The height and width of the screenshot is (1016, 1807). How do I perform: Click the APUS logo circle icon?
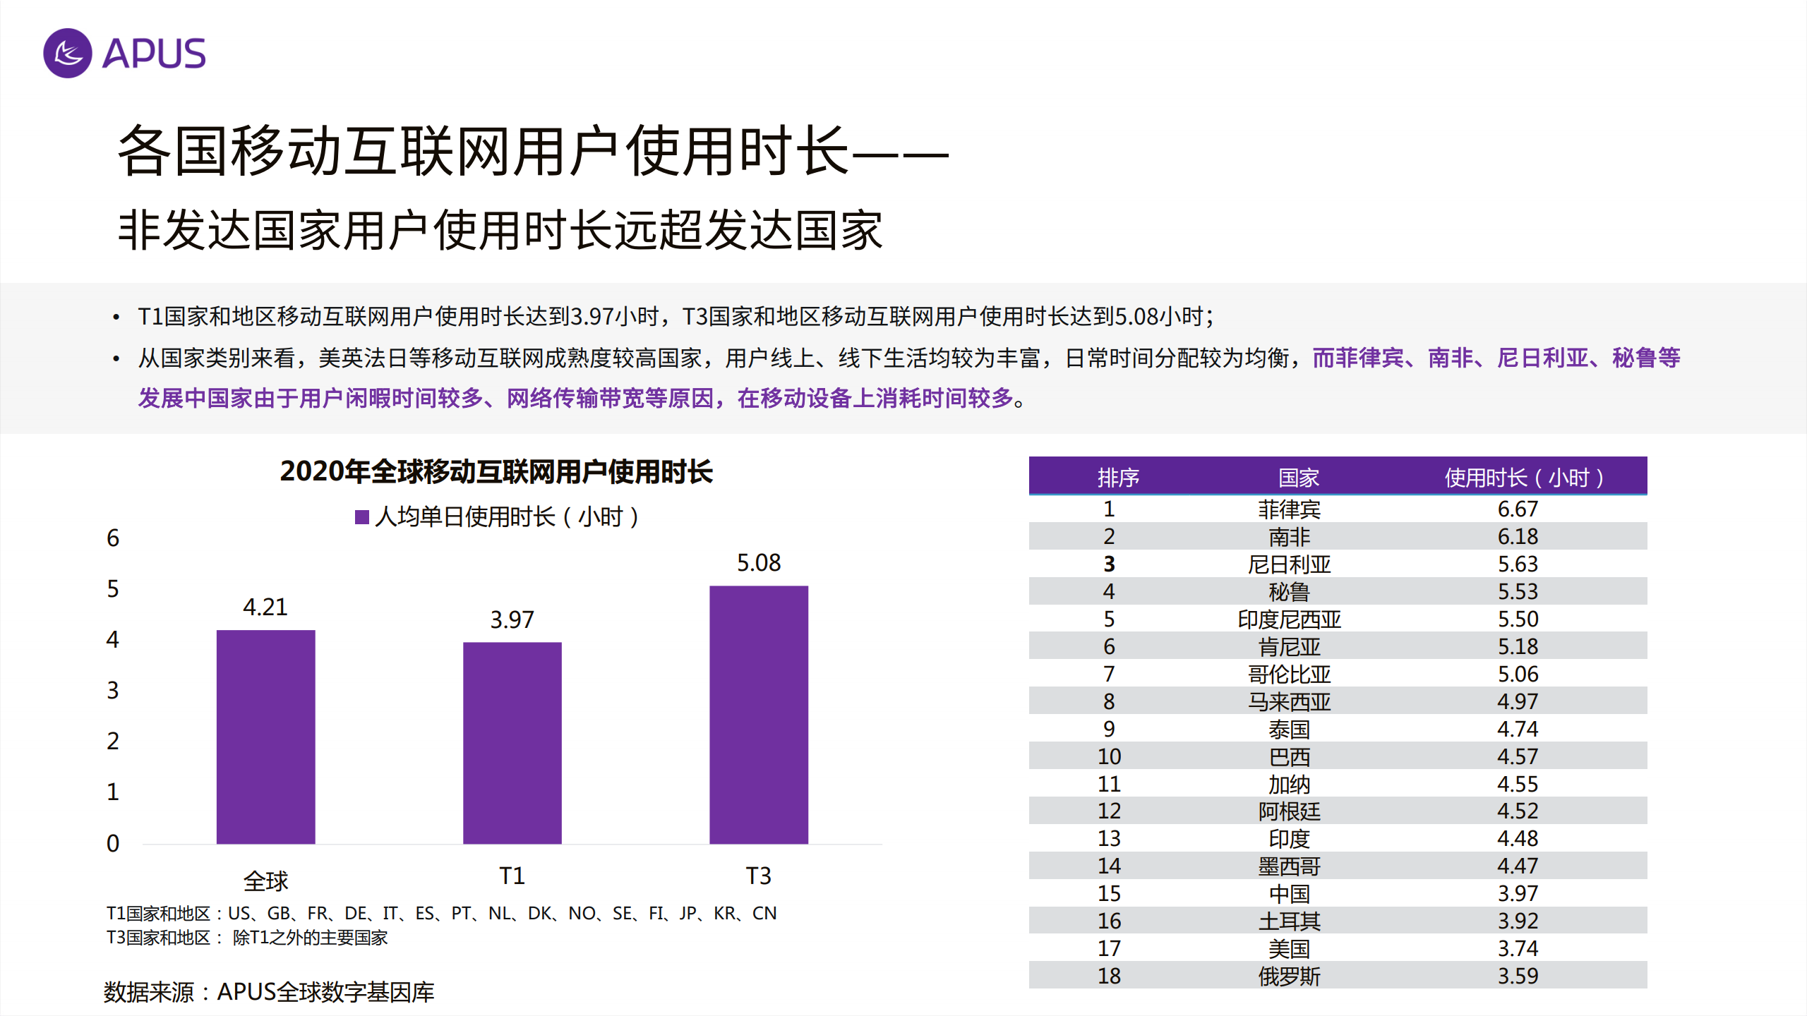click(68, 53)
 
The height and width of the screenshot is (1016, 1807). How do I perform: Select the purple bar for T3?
click(758, 714)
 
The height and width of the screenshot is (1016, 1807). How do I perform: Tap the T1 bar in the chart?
click(512, 742)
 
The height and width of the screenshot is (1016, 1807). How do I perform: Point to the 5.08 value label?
click(758, 563)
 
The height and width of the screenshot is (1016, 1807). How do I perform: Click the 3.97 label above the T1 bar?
click(512, 620)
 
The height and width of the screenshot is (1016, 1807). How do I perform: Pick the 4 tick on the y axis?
click(113, 640)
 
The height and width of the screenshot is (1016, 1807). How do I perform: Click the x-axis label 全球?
click(265, 881)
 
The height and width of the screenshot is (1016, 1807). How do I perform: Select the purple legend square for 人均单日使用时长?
click(362, 517)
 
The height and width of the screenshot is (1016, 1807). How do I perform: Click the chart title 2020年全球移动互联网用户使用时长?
click(496, 471)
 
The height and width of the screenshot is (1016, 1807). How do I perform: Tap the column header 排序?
click(1117, 478)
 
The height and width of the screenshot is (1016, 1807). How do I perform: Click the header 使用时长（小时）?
click(1523, 478)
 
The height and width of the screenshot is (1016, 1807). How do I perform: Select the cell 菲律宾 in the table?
click(1289, 509)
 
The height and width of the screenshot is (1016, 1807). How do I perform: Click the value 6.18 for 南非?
click(1518, 536)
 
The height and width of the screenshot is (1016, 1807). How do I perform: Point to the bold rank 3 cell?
click(1109, 564)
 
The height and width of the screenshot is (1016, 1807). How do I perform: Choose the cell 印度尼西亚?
click(1289, 619)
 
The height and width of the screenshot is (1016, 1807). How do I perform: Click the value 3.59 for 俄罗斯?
click(1518, 976)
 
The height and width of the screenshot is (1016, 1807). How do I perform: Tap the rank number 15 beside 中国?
click(1109, 893)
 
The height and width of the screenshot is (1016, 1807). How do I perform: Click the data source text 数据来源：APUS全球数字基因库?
click(268, 992)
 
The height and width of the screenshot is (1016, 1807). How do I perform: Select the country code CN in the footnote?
click(764, 914)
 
